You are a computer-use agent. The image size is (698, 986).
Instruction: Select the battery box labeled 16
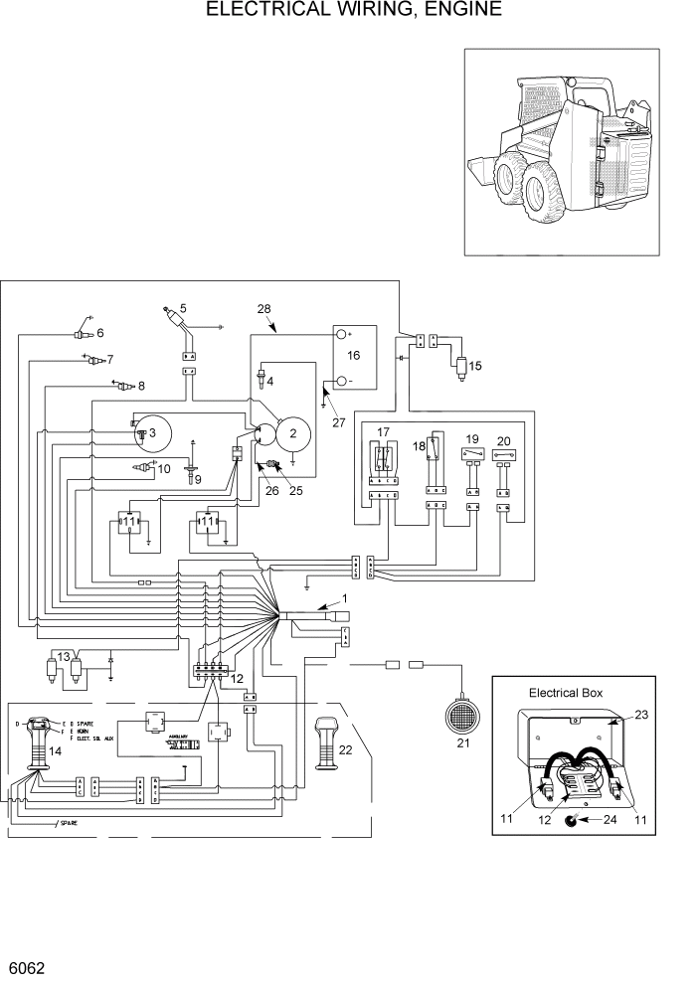coord(354,359)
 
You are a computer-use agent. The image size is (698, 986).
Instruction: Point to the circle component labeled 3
coord(150,432)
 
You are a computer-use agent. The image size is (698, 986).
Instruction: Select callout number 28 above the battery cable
coord(263,310)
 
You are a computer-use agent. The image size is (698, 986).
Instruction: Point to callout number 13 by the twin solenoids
coord(64,656)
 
